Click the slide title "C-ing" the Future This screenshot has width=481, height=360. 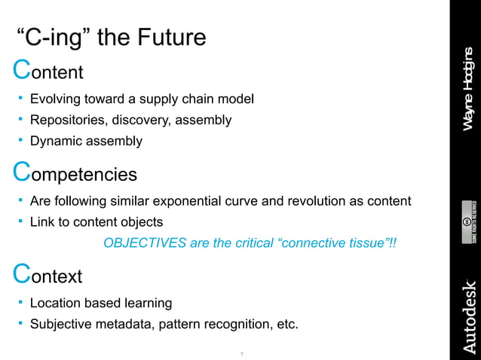111,37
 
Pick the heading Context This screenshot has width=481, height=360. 48,276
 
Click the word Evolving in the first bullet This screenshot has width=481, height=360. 55,99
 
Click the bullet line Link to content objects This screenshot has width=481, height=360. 96,222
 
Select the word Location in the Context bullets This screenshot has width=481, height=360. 55,303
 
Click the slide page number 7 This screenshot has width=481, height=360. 240,353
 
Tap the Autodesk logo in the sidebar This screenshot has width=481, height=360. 467,316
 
